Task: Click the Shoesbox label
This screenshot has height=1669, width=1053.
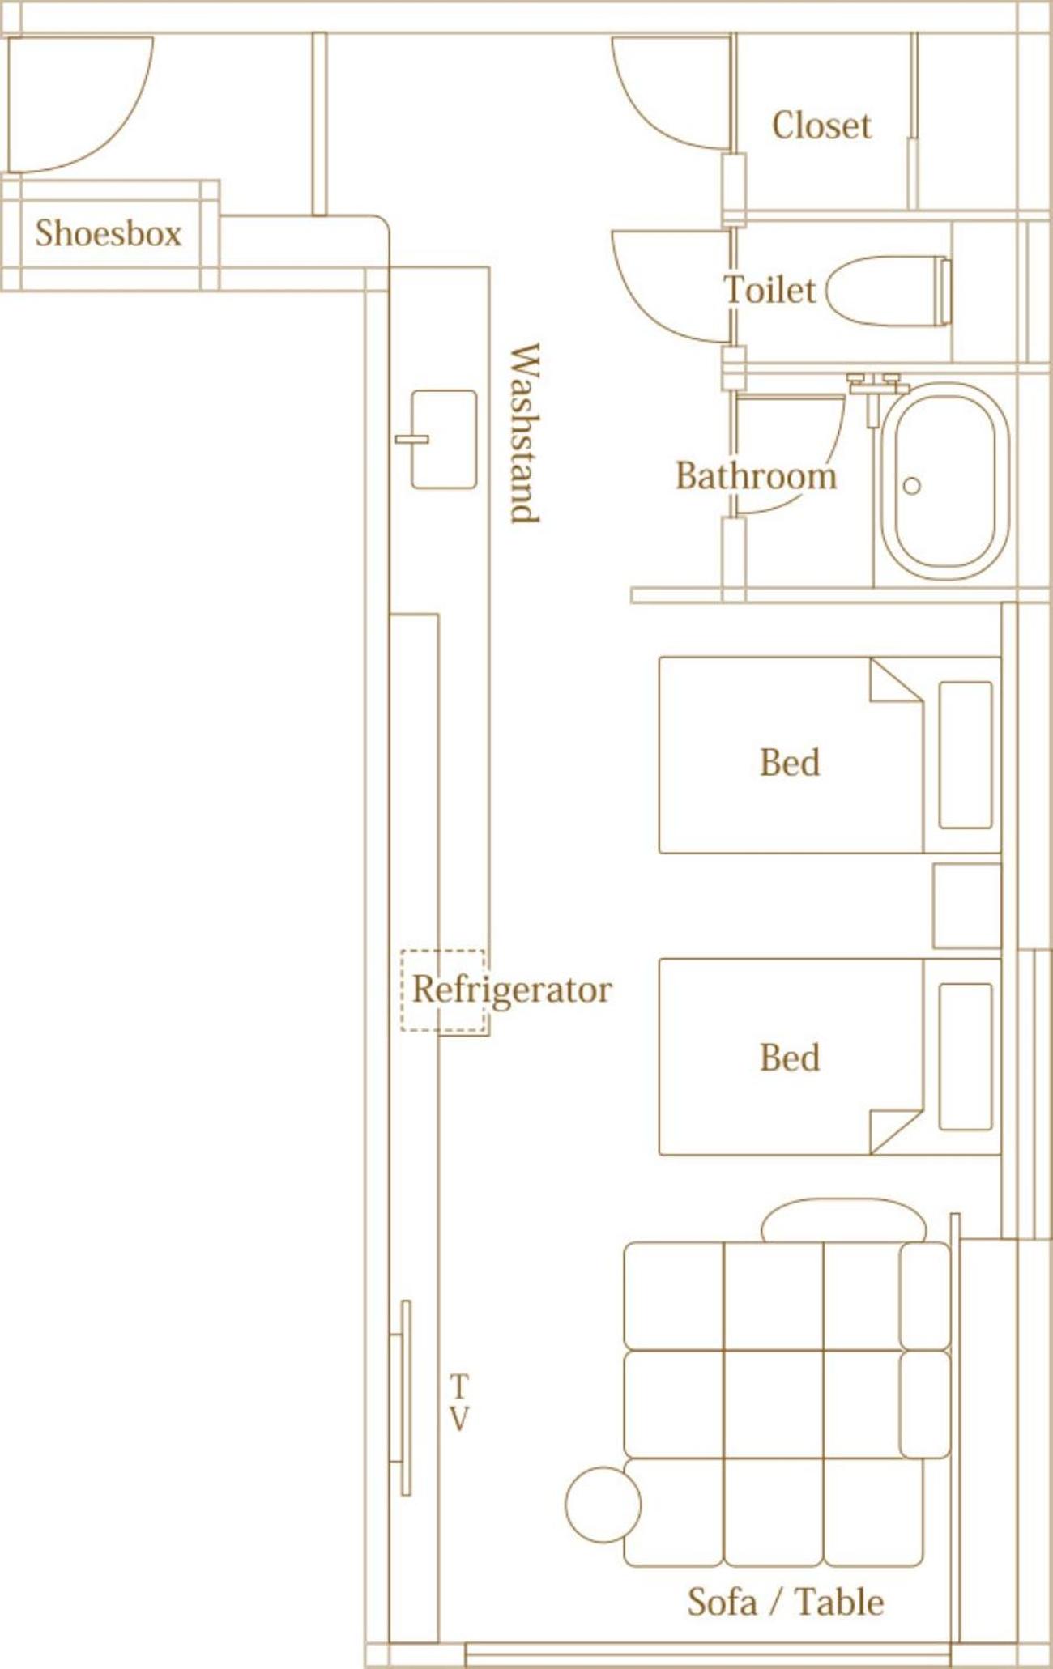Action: tap(109, 233)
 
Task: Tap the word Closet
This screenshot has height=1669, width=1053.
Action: tap(821, 126)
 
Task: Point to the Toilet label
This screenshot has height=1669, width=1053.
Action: tap(769, 290)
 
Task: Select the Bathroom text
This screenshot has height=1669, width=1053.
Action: tap(756, 475)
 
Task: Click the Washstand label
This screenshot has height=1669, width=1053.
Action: tap(524, 433)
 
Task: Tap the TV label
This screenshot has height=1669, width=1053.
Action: tap(458, 1403)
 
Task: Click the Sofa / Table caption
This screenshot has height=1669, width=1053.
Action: tap(785, 1602)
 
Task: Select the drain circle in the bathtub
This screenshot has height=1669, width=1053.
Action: tap(912, 486)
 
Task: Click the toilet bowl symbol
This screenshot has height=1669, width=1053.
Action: tap(888, 292)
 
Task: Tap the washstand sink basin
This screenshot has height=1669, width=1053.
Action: tap(443, 440)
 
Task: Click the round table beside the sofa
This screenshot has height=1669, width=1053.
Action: tap(603, 1505)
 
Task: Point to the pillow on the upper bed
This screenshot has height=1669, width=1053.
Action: tap(966, 755)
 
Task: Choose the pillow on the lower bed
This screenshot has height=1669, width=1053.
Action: tap(966, 1057)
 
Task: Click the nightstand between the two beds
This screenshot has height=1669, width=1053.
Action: tap(967, 905)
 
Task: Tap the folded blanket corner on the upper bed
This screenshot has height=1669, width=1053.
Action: tap(896, 680)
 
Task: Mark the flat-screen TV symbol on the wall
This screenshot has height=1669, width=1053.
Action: tap(402, 1399)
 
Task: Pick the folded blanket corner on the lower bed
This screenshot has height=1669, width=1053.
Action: tap(896, 1131)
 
